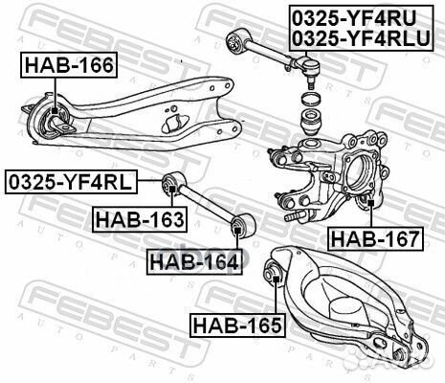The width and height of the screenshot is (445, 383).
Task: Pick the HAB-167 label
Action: tap(373, 237)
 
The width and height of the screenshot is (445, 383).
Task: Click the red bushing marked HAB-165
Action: tap(274, 278)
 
